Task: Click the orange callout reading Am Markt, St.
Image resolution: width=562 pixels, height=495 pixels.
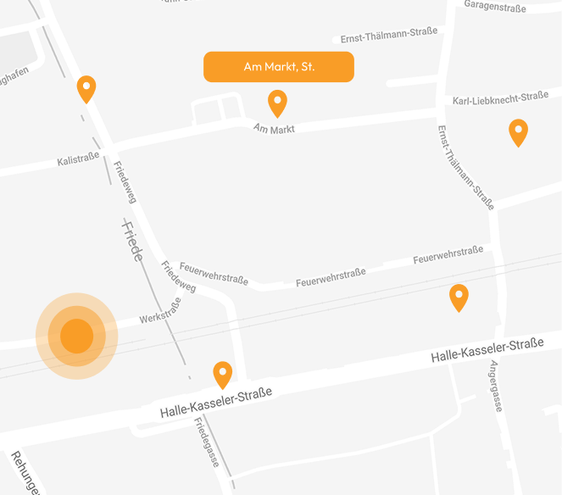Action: click(x=278, y=67)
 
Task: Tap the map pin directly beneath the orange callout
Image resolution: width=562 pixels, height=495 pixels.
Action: click(x=277, y=103)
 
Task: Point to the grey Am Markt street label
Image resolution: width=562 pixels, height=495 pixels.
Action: click(x=274, y=129)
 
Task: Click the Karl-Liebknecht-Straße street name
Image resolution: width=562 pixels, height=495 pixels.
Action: click(x=500, y=98)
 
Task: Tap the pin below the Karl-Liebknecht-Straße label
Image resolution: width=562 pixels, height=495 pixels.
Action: click(x=518, y=132)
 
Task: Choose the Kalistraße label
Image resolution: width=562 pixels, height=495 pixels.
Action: click(x=79, y=160)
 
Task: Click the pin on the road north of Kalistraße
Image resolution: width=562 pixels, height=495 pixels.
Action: click(x=86, y=88)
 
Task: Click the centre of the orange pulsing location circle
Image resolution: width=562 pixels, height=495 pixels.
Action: click(x=76, y=336)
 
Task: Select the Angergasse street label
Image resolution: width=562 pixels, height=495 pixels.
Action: click(x=496, y=386)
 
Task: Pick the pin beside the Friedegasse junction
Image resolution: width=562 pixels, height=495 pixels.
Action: click(x=222, y=374)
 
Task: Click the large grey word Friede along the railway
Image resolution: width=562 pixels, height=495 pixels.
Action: click(x=132, y=241)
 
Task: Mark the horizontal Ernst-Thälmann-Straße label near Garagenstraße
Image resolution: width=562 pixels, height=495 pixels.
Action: click(x=388, y=36)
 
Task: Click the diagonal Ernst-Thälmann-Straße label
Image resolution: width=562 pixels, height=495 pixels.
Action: click(x=465, y=167)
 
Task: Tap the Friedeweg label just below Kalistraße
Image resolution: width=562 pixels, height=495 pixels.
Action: click(x=124, y=181)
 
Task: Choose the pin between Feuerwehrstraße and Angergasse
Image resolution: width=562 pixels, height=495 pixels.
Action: click(x=459, y=297)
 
